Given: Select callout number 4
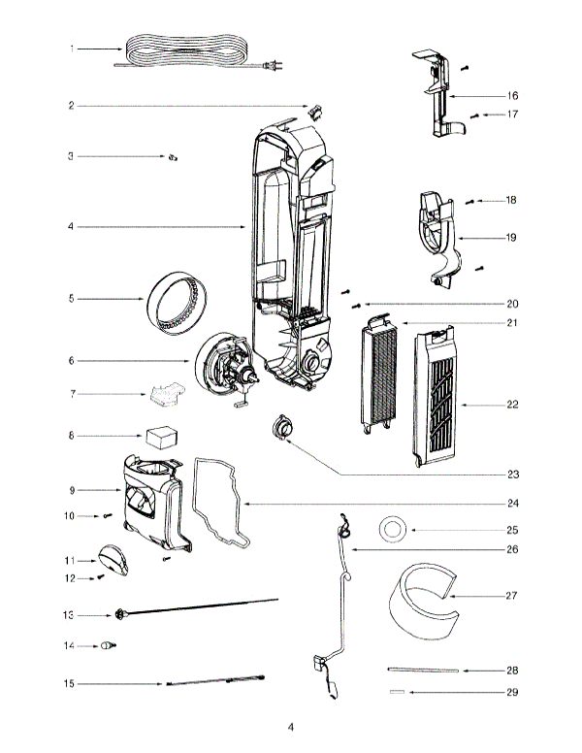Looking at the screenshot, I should tap(71, 227).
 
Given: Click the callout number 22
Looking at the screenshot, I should tap(512, 404).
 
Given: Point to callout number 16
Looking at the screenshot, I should tap(512, 96).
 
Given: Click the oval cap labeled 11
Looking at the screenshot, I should tap(113, 558).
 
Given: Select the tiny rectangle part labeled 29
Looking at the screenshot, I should tap(396, 692).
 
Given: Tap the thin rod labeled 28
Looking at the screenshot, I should tap(421, 670).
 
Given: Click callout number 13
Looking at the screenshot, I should tap(69, 615).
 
